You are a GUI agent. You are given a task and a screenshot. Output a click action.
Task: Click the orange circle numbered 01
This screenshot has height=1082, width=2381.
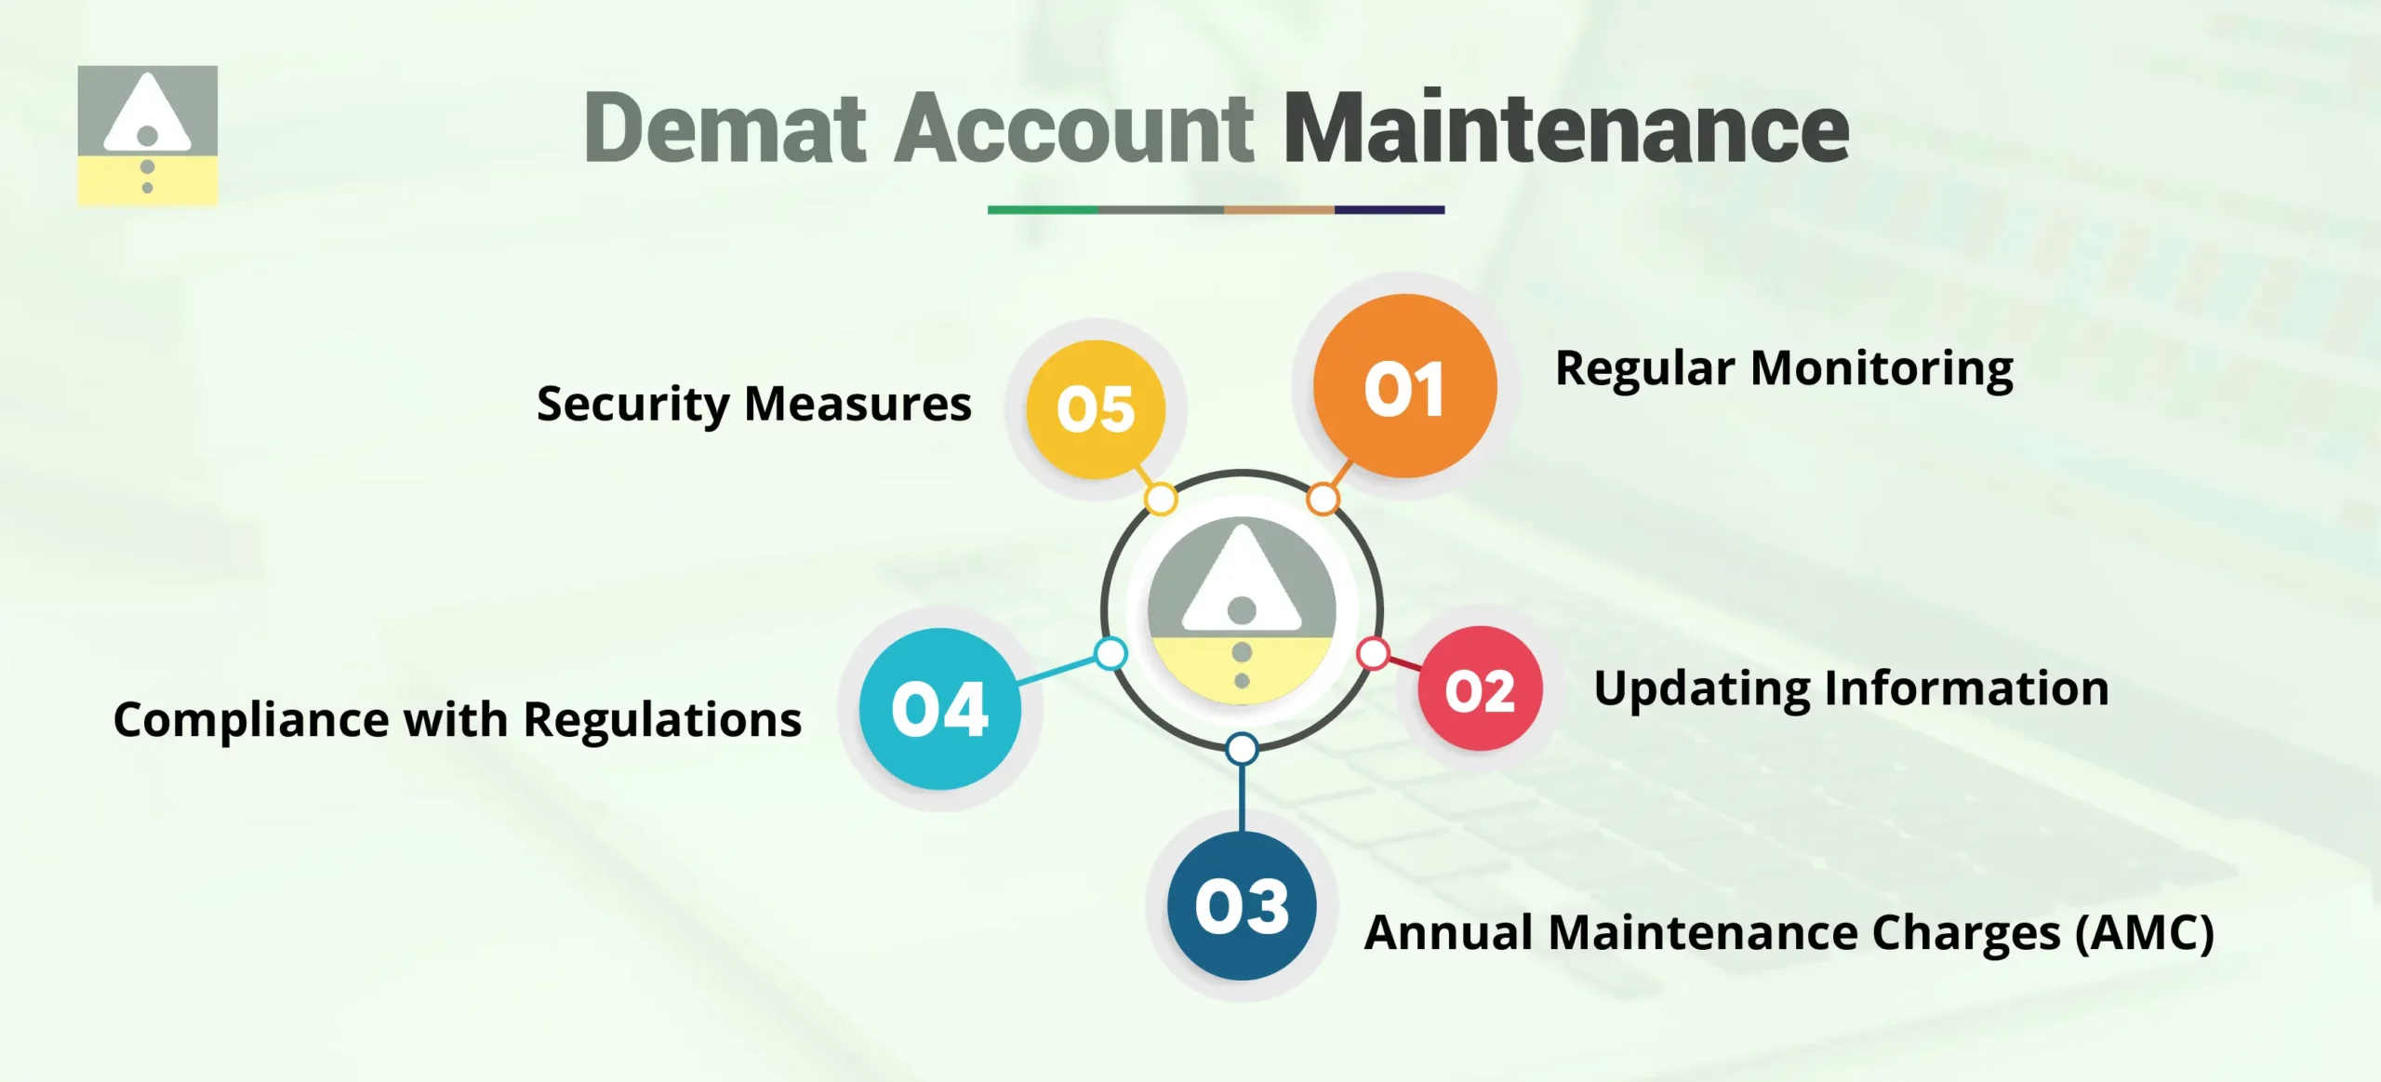click(1404, 387)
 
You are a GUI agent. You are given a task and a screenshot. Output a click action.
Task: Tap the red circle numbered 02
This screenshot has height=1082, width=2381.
click(1480, 689)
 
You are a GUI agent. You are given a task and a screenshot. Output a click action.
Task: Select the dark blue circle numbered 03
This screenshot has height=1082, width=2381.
click(1242, 906)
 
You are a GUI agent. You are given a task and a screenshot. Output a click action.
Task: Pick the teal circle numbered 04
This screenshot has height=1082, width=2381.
click(939, 709)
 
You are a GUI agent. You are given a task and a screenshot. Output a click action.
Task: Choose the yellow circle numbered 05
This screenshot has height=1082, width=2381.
click(1096, 409)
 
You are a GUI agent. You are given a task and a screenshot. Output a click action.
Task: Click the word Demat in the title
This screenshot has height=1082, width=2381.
click(725, 128)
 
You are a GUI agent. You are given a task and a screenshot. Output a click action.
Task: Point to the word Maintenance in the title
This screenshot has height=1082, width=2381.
click(1566, 128)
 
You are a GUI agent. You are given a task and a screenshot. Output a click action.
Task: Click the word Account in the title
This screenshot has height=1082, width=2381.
click(1073, 128)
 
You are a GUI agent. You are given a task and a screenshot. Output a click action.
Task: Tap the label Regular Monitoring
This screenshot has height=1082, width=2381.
click(1784, 368)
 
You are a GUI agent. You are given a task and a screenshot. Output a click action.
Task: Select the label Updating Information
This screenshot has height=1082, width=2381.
click(1851, 689)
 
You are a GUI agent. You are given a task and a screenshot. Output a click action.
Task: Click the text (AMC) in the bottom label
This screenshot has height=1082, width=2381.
click(2145, 932)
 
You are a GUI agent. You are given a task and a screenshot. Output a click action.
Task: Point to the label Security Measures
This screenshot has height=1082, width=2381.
click(754, 405)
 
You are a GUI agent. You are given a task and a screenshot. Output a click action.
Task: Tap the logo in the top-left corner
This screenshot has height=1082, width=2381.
click(148, 135)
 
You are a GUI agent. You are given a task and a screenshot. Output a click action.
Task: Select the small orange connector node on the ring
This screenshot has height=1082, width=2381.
click(1323, 500)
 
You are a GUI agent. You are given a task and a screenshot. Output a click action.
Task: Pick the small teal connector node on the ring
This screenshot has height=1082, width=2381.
click(1111, 653)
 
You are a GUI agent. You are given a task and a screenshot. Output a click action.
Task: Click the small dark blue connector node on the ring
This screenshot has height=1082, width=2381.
click(1242, 749)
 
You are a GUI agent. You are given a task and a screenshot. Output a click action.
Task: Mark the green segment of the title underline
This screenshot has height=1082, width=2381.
click(1043, 210)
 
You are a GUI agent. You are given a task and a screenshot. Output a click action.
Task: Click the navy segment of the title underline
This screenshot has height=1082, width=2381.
click(1390, 210)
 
